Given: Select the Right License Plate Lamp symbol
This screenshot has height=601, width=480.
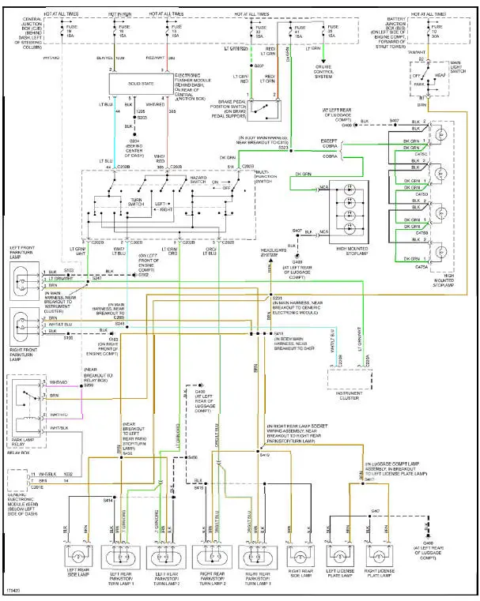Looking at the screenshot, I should tap(379, 554).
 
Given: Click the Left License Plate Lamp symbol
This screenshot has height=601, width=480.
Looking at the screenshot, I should tap(338, 554).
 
